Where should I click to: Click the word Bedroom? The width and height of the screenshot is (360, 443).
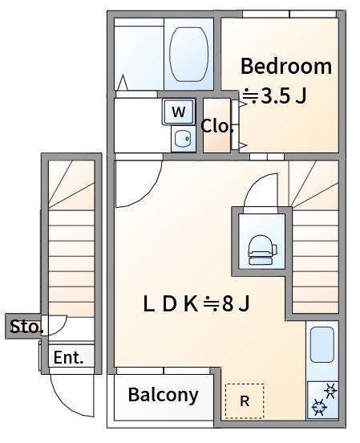pos(286,66)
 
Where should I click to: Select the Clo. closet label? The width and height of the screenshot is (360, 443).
pos(216,126)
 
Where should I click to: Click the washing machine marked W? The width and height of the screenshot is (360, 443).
pos(179,112)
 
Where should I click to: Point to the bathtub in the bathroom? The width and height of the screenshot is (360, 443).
pos(189,55)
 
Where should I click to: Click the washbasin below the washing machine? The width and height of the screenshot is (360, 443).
pos(183,138)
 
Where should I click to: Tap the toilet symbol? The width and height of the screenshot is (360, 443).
pos(261,250)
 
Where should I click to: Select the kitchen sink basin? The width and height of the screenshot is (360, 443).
pos(322,344)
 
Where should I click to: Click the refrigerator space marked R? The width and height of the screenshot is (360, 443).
pos(245,401)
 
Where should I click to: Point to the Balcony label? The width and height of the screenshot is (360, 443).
pos(164,395)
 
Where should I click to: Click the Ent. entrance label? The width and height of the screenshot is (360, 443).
pos(68,358)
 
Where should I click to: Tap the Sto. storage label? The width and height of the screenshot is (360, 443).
pos(26,327)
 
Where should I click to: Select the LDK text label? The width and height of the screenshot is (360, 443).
pos(170,304)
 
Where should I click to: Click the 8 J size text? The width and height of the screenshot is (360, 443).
pos(236,304)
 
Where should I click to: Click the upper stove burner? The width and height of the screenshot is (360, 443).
pos(330,391)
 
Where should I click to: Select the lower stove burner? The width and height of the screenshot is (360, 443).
pos(319,407)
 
